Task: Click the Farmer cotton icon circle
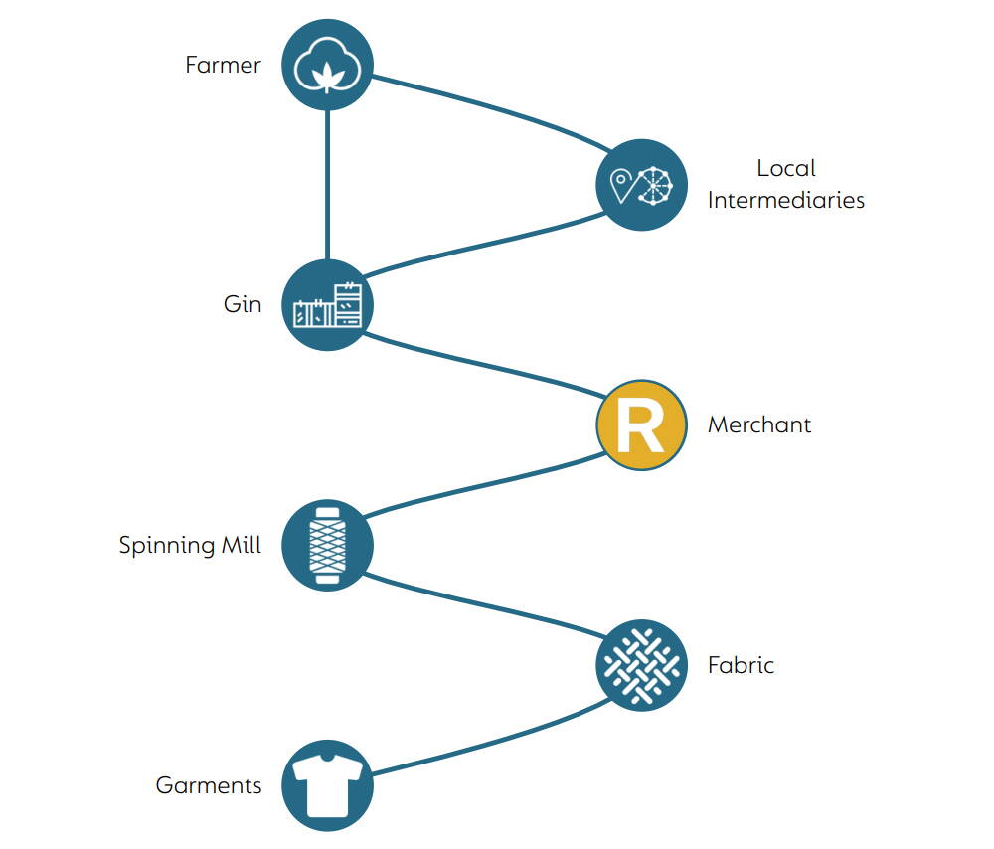coord(327,65)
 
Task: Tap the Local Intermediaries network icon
coord(641,185)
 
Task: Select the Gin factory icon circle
coord(327,304)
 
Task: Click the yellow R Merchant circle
coord(641,424)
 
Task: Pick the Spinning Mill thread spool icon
coord(327,545)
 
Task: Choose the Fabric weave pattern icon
coord(641,665)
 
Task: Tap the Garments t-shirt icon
coord(327,785)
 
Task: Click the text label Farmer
coord(223,65)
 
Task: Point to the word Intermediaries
coord(786,200)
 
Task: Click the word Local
coord(786,169)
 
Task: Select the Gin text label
coord(243,304)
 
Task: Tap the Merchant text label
coord(759,424)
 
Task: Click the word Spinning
coord(164,546)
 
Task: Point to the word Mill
coord(239,545)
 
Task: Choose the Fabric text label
coord(741,665)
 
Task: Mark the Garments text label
coord(209,785)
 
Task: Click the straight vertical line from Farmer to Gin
coord(327,184)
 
